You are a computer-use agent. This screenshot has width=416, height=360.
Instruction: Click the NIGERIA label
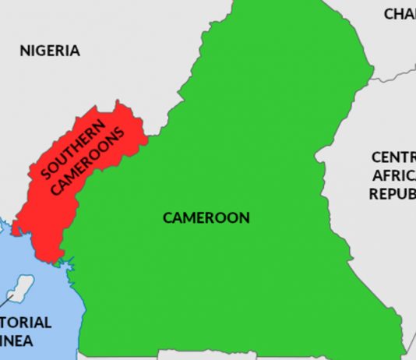pyautogui.click(x=50, y=51)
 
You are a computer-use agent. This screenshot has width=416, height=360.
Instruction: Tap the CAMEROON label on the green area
pyautogui.click(x=206, y=217)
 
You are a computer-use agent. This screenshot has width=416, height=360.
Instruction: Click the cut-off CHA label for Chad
pyautogui.click(x=400, y=14)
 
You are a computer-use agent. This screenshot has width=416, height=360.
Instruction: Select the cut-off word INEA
pyautogui.click(x=23, y=341)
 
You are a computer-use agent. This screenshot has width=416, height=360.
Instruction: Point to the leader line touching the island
pyautogui.click(x=11, y=298)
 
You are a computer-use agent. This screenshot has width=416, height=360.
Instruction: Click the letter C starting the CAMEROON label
pyautogui.click(x=167, y=218)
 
